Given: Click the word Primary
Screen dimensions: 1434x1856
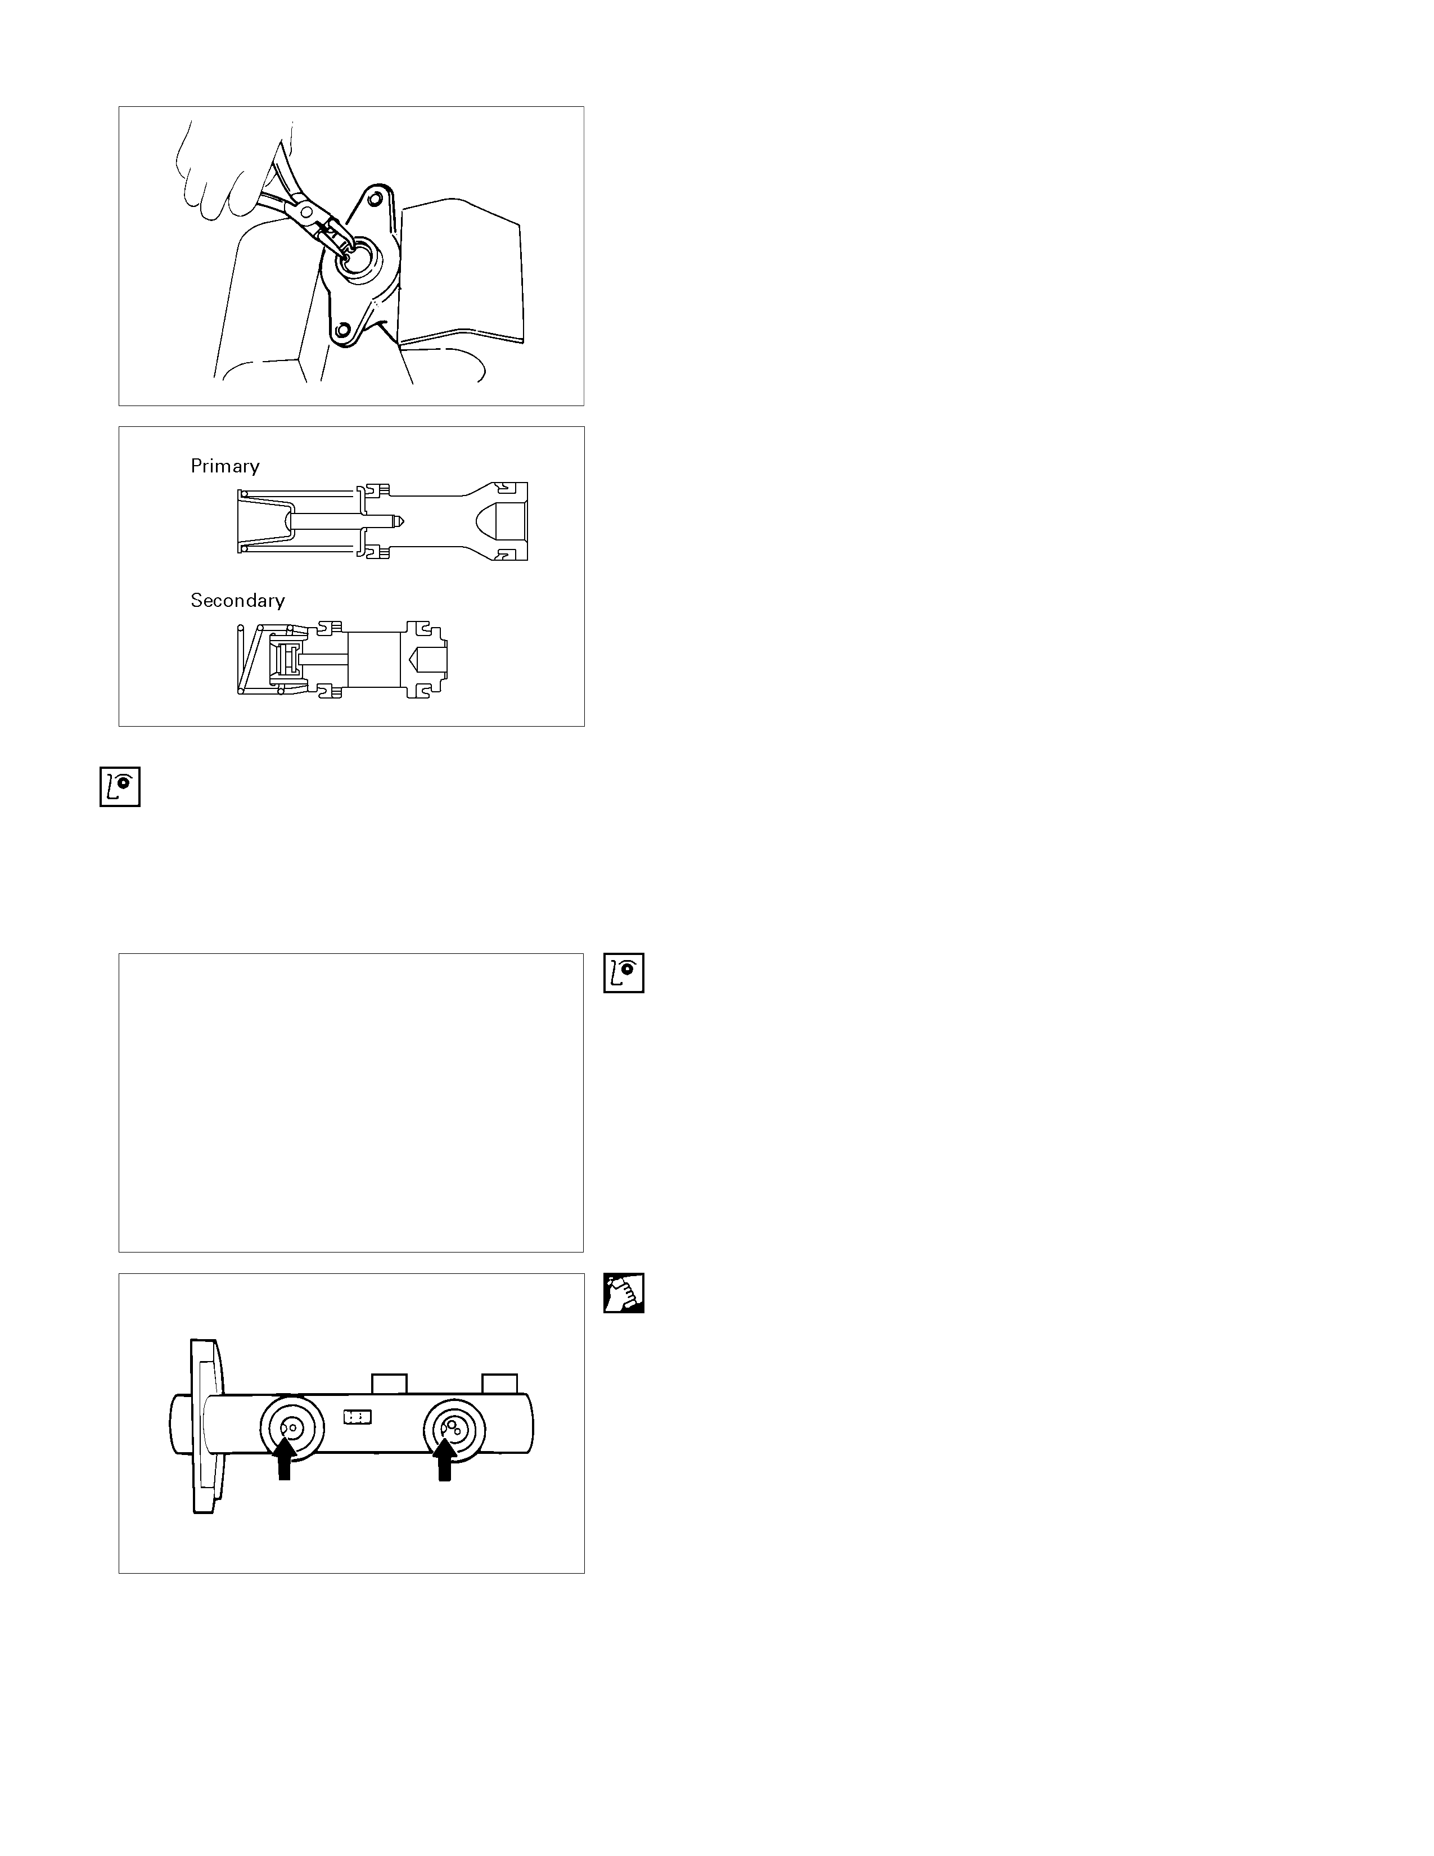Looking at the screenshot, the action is (224, 466).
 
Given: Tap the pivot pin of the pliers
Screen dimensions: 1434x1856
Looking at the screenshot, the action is (306, 209).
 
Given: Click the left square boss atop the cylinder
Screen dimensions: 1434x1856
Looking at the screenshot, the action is (389, 1384).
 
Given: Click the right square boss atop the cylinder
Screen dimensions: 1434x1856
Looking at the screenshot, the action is (499, 1384).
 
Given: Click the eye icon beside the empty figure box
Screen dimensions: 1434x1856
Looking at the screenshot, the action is (624, 973).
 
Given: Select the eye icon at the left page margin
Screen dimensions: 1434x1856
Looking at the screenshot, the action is (120, 787).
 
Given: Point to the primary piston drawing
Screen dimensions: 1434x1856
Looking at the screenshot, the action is (382, 521).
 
